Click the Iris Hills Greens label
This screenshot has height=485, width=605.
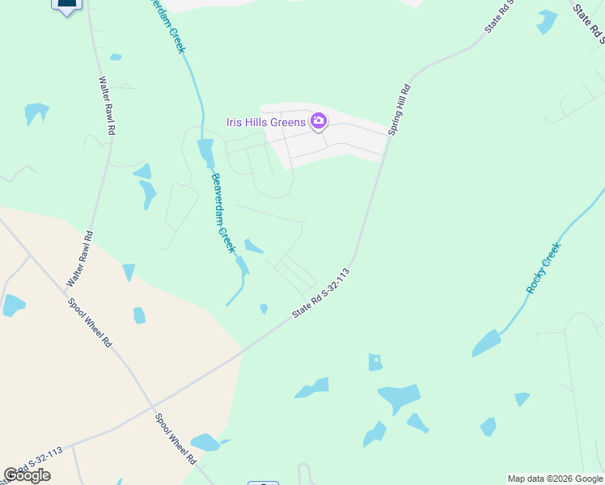point(265,122)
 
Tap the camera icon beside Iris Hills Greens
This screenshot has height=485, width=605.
point(318,121)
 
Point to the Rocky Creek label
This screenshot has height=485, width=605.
point(543,268)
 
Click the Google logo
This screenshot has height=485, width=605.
point(27,475)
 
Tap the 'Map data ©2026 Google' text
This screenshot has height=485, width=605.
point(555,479)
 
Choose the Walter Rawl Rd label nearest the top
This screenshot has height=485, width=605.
point(107,106)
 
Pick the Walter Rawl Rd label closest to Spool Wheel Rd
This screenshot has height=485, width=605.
point(79,259)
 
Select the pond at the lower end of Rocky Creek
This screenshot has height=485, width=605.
point(486,343)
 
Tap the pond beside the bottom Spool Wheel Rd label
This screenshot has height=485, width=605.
point(205,442)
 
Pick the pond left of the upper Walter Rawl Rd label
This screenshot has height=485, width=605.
point(35,112)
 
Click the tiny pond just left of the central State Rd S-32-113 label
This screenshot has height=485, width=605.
point(264,308)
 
